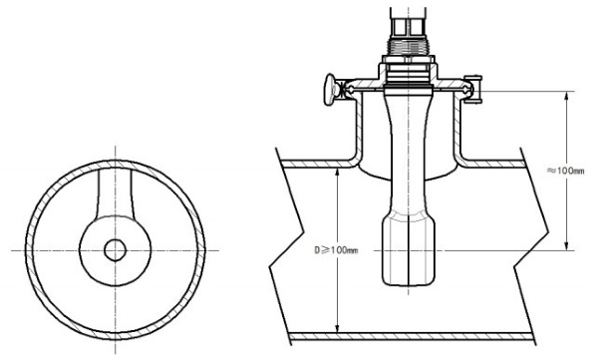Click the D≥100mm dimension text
[x=336, y=250]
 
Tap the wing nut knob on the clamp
[x=331, y=90]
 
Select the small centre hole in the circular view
[x=116, y=250]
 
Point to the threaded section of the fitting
[x=409, y=47]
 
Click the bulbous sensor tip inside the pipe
[x=409, y=250]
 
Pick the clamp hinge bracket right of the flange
[x=473, y=90]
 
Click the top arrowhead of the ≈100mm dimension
[x=567, y=96]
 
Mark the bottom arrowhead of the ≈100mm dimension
[x=567, y=246]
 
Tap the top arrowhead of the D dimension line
[x=337, y=173]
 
